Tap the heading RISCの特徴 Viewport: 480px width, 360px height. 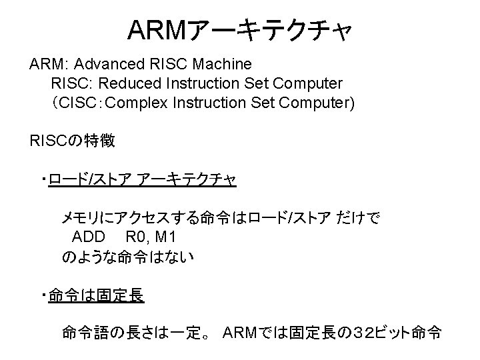tap(73, 141)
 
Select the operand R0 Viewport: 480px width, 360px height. tap(136, 237)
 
